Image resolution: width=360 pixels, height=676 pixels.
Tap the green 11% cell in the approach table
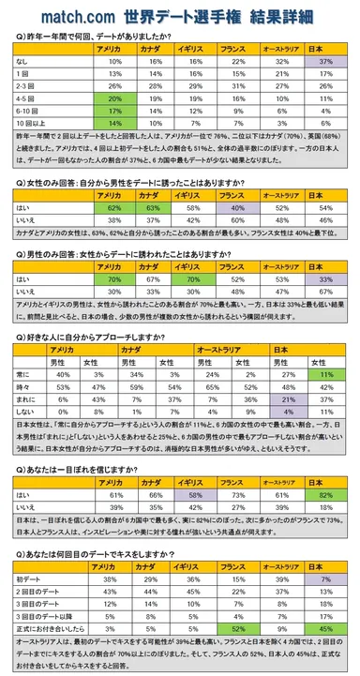point(328,373)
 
